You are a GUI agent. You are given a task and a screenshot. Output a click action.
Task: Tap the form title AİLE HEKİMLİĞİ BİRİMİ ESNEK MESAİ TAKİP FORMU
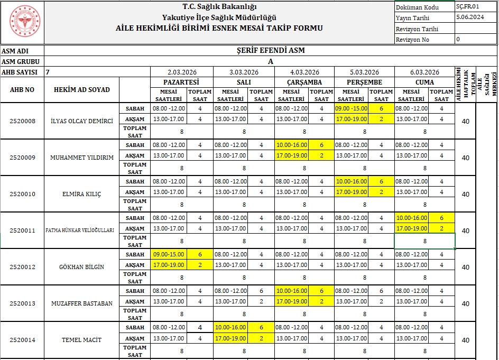pos(219,28)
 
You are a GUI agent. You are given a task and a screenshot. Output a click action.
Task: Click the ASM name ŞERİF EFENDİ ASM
pos(270,51)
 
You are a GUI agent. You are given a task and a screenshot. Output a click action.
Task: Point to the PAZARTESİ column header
pos(182,82)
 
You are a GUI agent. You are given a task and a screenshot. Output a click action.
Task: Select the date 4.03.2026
pos(304,72)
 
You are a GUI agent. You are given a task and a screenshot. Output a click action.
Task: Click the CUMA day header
pos(424,82)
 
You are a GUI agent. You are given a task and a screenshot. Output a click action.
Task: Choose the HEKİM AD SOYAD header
pos(81,90)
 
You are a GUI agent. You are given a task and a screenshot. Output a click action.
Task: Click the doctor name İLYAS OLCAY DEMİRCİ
pos(81,121)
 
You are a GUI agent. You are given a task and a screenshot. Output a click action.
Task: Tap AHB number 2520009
pos(22,158)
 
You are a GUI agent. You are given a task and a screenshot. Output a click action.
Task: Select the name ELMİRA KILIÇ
pos(81,194)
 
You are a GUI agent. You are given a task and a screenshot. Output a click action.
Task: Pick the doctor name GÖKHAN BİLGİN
pos(81,267)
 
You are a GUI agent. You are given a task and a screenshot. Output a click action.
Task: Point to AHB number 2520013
pos(22,303)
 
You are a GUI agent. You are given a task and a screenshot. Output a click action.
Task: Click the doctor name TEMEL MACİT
pos(81,340)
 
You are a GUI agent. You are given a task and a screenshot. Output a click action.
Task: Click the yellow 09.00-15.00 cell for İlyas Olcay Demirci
pos(351,108)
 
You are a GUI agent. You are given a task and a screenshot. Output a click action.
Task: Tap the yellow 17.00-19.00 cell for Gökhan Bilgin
pos(169,265)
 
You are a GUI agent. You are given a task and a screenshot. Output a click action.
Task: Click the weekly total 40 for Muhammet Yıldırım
pos(465,158)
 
